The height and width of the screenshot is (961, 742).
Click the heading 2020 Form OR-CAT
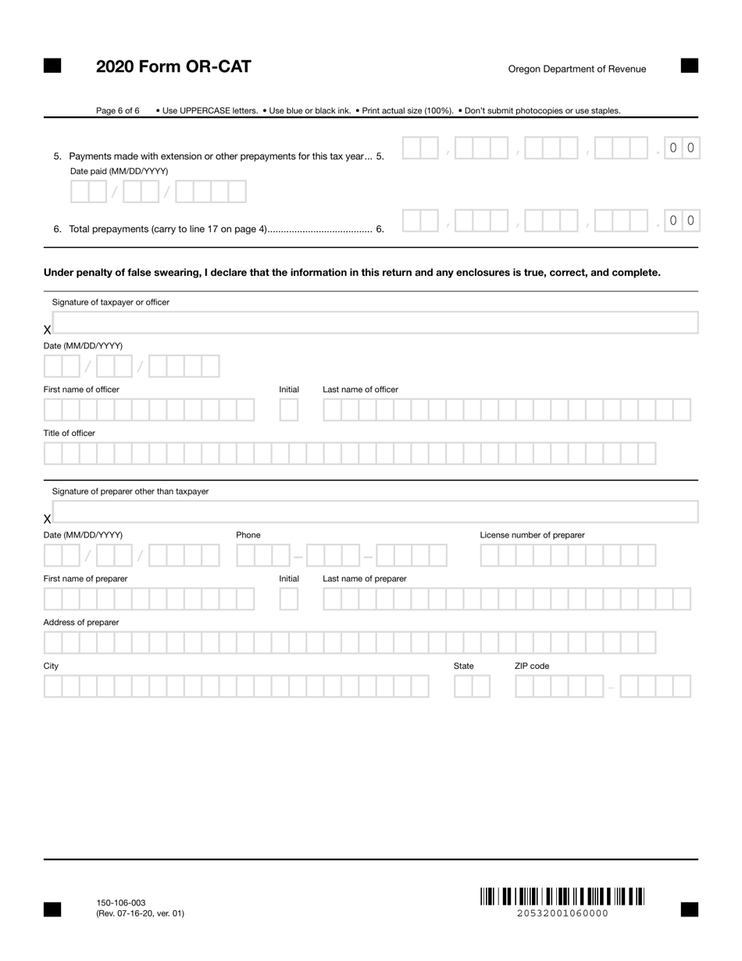click(173, 66)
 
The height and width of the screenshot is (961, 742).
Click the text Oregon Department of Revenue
click(577, 69)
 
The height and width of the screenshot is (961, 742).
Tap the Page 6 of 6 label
click(118, 111)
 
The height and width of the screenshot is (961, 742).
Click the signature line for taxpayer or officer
click(375, 323)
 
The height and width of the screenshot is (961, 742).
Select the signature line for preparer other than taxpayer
click(375, 512)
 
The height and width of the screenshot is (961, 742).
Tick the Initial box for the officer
click(289, 409)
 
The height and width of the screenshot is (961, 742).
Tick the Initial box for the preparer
click(289, 599)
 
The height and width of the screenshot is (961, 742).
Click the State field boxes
click(472, 687)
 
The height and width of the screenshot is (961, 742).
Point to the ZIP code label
click(532, 666)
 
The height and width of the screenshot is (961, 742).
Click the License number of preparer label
click(532, 535)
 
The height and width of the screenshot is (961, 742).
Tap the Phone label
click(248, 535)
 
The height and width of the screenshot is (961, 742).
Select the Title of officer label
click(70, 433)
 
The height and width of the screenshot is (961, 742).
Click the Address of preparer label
click(81, 622)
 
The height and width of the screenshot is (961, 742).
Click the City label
click(51, 666)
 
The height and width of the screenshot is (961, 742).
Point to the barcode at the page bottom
click(562, 896)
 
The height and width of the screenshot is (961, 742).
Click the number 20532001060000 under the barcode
click(562, 913)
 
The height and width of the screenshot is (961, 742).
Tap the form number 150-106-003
click(121, 902)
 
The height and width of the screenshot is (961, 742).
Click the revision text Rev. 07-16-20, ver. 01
click(141, 913)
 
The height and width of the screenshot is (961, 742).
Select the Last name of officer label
click(360, 389)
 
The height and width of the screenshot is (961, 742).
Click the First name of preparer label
click(85, 579)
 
